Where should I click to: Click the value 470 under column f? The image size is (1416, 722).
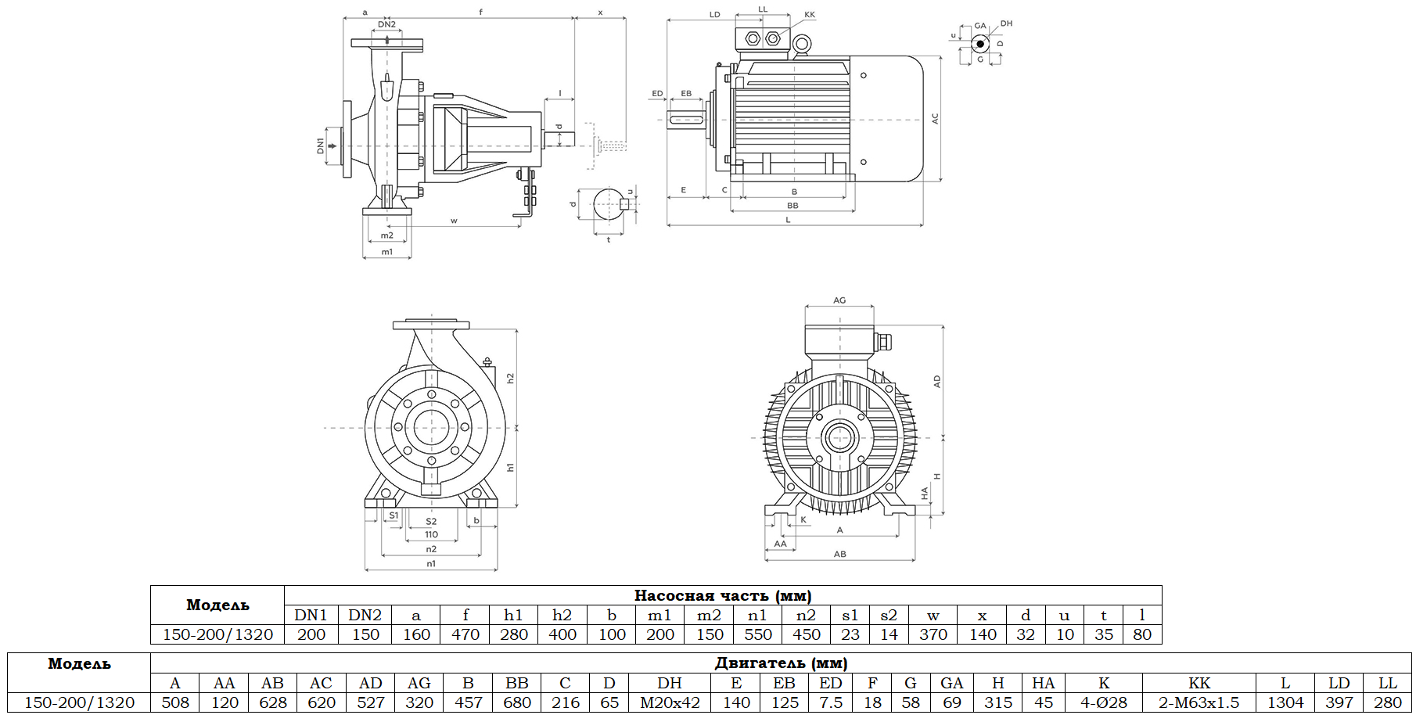(x=465, y=634)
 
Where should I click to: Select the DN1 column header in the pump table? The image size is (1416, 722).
(x=311, y=615)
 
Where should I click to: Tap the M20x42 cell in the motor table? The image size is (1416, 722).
(x=670, y=702)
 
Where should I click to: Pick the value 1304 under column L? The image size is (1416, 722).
(x=1285, y=702)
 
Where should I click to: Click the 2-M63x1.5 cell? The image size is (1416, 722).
(x=1199, y=702)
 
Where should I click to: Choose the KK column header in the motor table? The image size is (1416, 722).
(x=1199, y=683)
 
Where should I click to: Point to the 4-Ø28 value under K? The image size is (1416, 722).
(x=1103, y=702)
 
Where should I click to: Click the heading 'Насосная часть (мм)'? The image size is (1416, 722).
(x=722, y=595)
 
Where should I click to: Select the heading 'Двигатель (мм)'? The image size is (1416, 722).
(x=780, y=663)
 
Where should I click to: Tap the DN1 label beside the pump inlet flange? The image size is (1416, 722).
(x=320, y=145)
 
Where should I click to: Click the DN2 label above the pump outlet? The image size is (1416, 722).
(x=386, y=24)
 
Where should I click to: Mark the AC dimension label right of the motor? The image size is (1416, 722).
(x=934, y=119)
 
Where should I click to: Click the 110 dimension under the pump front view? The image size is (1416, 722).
(x=431, y=535)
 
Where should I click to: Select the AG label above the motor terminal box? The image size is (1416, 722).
(x=839, y=300)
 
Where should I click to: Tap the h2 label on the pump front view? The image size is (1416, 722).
(x=510, y=378)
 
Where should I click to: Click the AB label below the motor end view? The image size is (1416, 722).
(x=839, y=554)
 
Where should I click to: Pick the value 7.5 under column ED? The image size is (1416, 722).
(x=831, y=702)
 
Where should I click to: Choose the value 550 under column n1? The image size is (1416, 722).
(x=757, y=634)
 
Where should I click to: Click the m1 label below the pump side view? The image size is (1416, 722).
(x=386, y=252)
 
